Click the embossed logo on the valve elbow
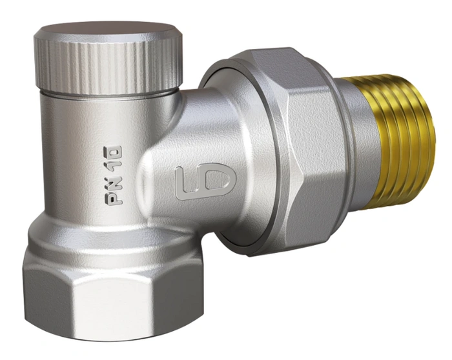(x=205, y=181)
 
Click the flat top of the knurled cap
(x=108, y=30)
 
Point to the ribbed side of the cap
(x=108, y=66)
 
